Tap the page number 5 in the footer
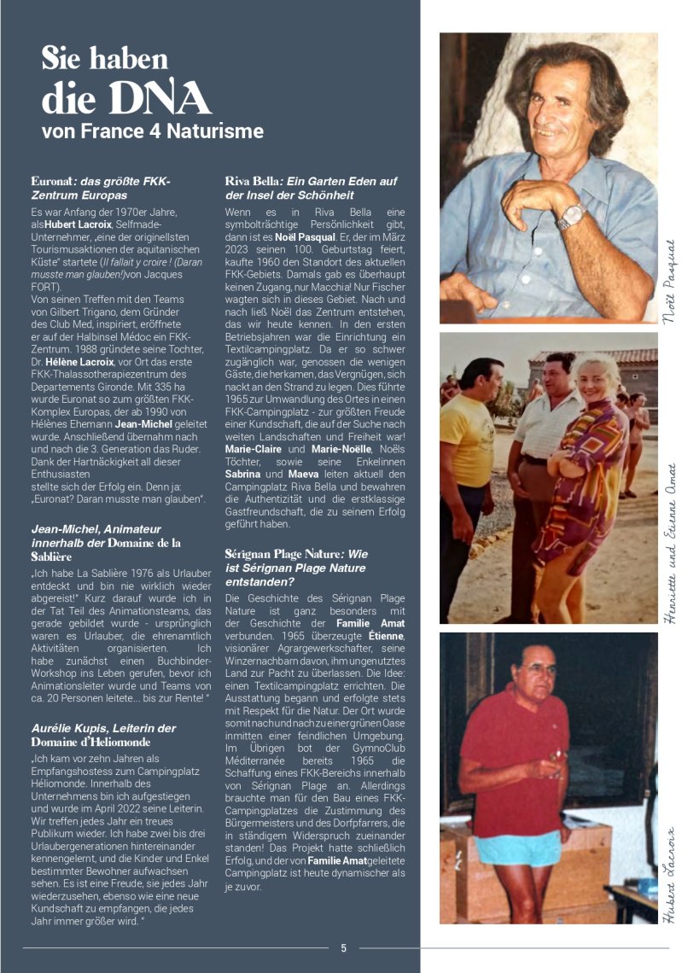343,947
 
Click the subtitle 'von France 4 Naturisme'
153,132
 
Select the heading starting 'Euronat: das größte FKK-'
101,181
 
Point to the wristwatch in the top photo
570,216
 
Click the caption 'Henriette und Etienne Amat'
669,546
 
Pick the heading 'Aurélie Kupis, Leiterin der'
103,727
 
